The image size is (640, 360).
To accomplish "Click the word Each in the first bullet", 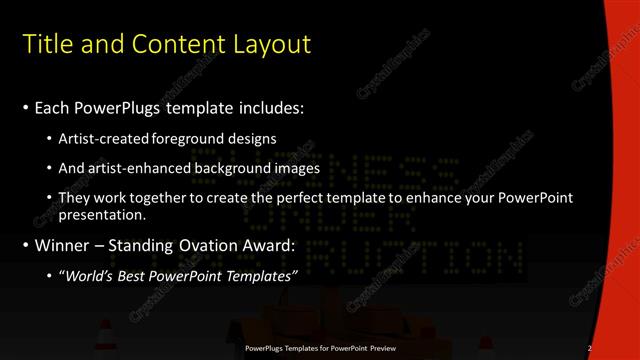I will [x=51, y=107].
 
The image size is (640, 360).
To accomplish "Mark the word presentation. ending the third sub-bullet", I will [x=102, y=214].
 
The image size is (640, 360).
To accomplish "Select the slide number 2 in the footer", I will [x=590, y=348].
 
